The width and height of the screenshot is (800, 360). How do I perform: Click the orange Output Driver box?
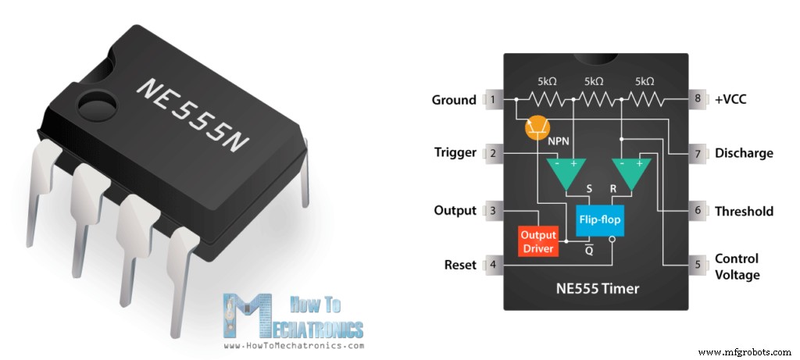point(538,241)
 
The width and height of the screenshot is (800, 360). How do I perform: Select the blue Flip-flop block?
point(600,220)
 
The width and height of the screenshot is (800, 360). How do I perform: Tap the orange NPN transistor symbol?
point(536,127)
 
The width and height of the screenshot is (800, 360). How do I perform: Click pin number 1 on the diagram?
point(493,100)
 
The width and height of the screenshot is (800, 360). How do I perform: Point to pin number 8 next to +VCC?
point(697,100)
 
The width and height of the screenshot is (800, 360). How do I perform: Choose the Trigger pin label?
point(455,153)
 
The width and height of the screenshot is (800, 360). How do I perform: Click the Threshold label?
point(744,211)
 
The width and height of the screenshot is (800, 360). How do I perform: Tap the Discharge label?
point(744,153)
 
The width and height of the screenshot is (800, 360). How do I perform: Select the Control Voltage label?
point(737,266)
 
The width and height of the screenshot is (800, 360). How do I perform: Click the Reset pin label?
point(460,265)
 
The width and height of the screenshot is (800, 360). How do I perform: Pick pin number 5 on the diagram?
point(697,265)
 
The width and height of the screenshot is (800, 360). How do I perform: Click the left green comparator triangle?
point(563,173)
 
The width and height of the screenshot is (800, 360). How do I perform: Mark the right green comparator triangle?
point(630,173)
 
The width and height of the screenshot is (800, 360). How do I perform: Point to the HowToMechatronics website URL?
point(294,345)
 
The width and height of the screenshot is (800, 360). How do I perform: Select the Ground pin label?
point(454,100)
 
